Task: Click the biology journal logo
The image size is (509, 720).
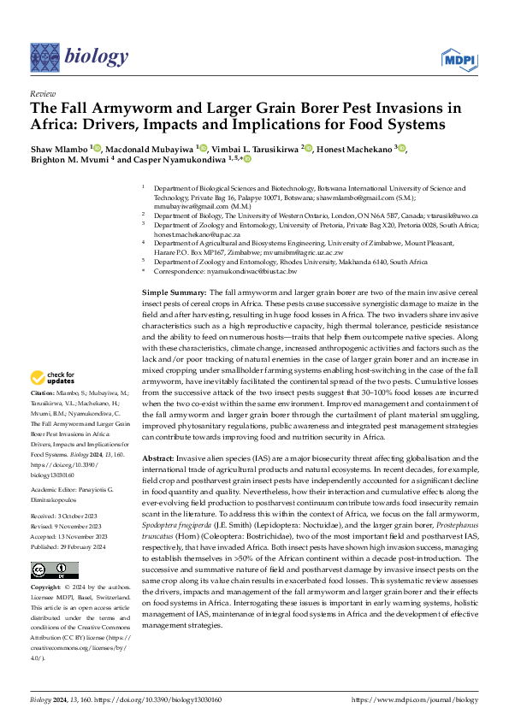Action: click(x=78, y=56)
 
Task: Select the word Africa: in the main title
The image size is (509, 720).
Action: click(x=61, y=125)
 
